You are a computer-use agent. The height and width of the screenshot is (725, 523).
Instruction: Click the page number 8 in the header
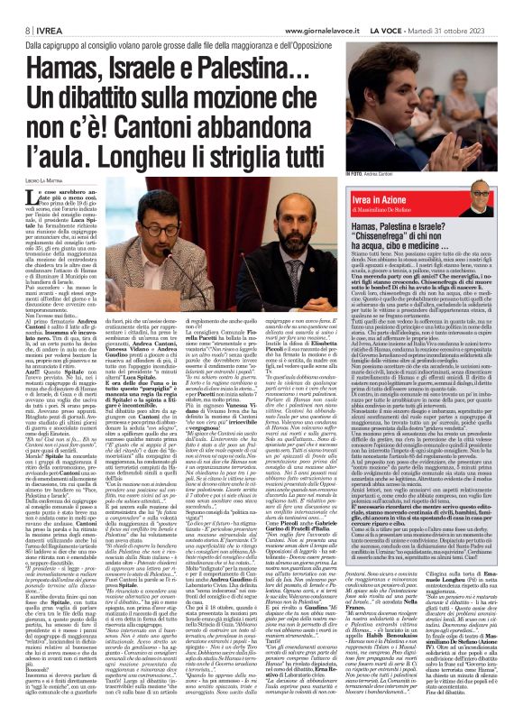15,8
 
